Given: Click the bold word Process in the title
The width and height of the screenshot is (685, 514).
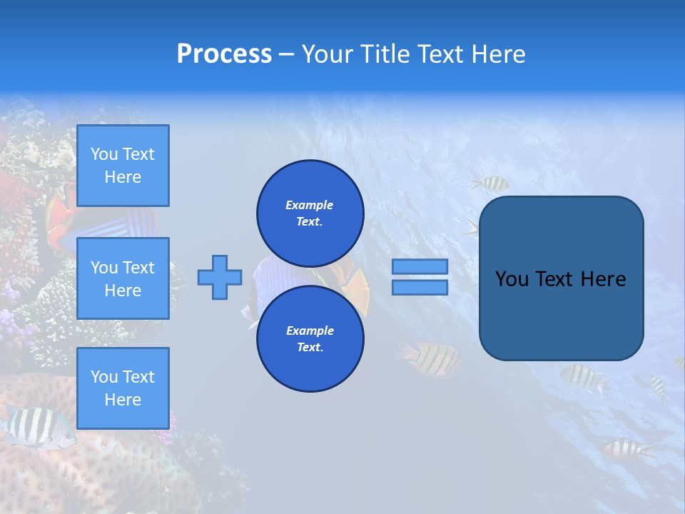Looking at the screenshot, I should (x=224, y=54).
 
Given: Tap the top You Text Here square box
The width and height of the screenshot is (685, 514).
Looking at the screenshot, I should (x=123, y=166).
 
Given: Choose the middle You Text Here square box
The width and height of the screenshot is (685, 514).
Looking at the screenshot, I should (x=123, y=278).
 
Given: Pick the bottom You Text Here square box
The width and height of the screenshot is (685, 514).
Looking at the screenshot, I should (x=123, y=388).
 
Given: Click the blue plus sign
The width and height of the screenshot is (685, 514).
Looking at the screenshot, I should (x=220, y=277).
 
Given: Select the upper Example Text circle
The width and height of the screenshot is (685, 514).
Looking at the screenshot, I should (x=310, y=213).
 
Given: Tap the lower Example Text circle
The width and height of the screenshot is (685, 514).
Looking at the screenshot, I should (x=310, y=339).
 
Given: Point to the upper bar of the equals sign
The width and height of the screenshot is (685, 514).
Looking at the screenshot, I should (x=420, y=266).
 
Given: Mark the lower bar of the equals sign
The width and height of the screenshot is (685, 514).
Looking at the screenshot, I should (x=420, y=287).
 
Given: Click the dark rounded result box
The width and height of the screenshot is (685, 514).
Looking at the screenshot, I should (x=561, y=278).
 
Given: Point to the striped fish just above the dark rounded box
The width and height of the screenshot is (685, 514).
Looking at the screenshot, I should (x=491, y=183).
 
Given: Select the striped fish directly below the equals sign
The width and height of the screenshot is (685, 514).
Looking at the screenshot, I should (x=430, y=358).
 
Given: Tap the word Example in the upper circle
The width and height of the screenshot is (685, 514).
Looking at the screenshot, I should (x=309, y=205).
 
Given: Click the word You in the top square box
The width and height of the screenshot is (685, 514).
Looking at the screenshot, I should (x=104, y=154).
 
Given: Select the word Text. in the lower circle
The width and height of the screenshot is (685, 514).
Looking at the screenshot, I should (x=309, y=348).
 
